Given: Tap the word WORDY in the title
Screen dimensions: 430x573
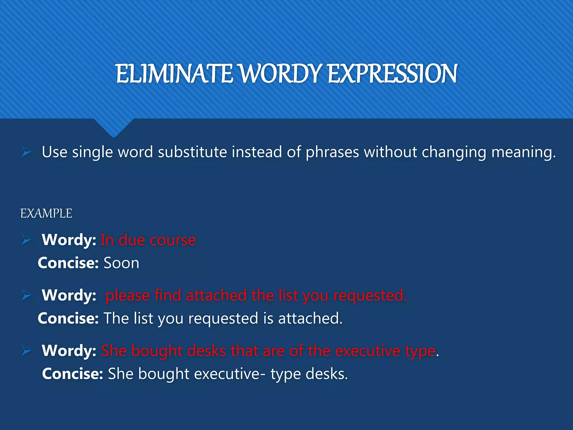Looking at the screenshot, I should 280,74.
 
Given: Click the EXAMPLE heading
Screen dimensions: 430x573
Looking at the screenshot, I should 46,214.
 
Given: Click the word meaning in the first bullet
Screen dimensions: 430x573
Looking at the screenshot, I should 523,152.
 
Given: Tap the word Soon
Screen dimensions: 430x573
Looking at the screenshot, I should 121,263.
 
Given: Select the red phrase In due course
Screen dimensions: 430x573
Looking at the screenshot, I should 148,240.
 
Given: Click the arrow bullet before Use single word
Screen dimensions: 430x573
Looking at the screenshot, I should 26,152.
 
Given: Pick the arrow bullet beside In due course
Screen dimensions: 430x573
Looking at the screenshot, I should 26,240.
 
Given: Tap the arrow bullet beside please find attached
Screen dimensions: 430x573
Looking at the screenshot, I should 26,295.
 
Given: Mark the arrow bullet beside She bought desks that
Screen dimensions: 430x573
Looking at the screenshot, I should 26,350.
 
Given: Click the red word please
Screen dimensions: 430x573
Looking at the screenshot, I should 128,296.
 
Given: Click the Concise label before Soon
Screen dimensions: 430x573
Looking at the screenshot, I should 68,263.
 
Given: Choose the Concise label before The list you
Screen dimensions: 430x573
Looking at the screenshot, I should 68,319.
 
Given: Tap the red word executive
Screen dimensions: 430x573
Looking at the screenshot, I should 368,351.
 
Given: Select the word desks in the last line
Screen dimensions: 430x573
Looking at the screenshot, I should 326,374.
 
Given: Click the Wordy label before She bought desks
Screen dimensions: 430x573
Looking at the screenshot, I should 69,350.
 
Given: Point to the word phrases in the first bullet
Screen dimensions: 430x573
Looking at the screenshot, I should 332,152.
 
